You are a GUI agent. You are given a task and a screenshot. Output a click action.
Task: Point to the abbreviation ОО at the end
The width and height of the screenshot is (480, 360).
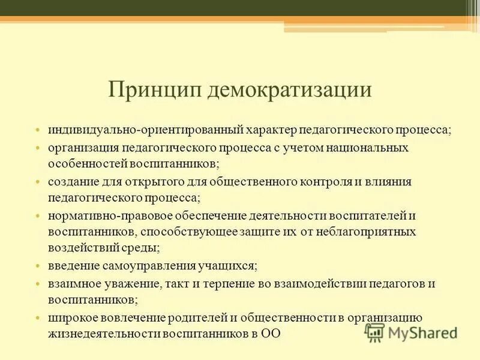pos(270,334)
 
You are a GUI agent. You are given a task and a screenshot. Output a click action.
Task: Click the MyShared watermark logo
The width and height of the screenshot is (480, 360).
pos(412,332)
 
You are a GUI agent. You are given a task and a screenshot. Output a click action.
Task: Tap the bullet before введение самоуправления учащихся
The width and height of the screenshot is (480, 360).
pos(37,266)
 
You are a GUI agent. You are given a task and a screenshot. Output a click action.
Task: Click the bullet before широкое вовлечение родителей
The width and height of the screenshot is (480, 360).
pos(37,317)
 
